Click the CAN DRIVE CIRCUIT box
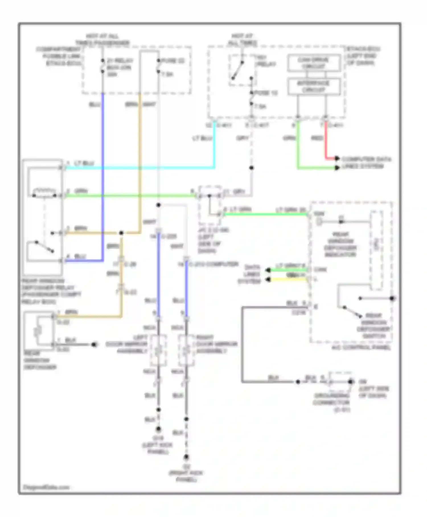tap(314, 63)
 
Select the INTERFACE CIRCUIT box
tap(314, 87)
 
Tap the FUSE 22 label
tap(173, 61)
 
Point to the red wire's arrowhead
tap(337, 158)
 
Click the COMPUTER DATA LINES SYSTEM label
tap(366, 162)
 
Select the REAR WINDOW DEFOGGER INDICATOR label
tap(340, 244)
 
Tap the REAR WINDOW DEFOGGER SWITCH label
tap(373, 326)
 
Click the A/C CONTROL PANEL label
tap(361, 347)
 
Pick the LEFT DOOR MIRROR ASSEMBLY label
tap(132, 344)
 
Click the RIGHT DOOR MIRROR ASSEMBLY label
tap(216, 344)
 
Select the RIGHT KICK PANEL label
tap(186, 476)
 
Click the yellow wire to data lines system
tap(288, 280)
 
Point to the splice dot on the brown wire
tap(121, 233)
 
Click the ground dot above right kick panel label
tap(186, 457)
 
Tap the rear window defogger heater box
tap(39, 331)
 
